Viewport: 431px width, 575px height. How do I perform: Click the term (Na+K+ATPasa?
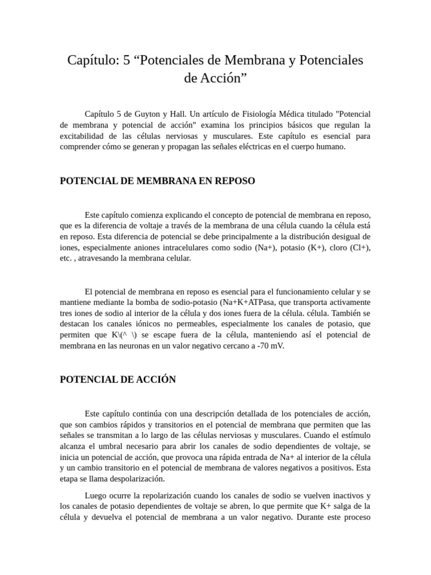pos(244,302)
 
